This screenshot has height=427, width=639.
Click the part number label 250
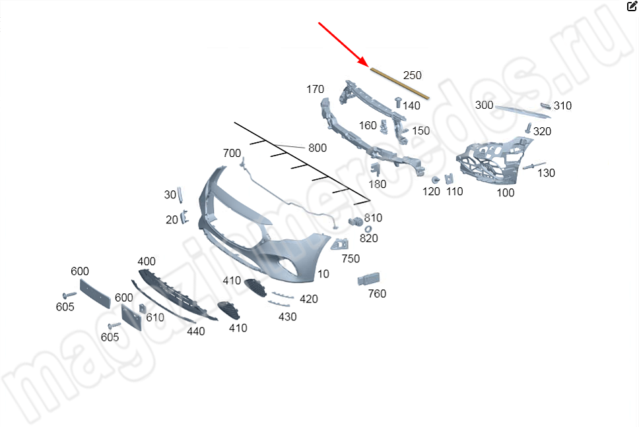click(412, 75)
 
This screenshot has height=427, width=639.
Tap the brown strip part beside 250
click(400, 84)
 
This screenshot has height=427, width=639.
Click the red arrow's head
click(363, 61)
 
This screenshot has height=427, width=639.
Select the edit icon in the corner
click(632, 6)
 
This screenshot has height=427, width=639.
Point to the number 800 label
click(318, 148)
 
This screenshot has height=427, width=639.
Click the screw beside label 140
click(398, 102)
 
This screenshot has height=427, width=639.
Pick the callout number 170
click(315, 89)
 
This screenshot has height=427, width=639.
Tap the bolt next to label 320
click(528, 128)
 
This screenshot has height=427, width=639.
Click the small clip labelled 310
click(545, 106)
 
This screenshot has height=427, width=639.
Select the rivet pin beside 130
click(534, 166)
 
